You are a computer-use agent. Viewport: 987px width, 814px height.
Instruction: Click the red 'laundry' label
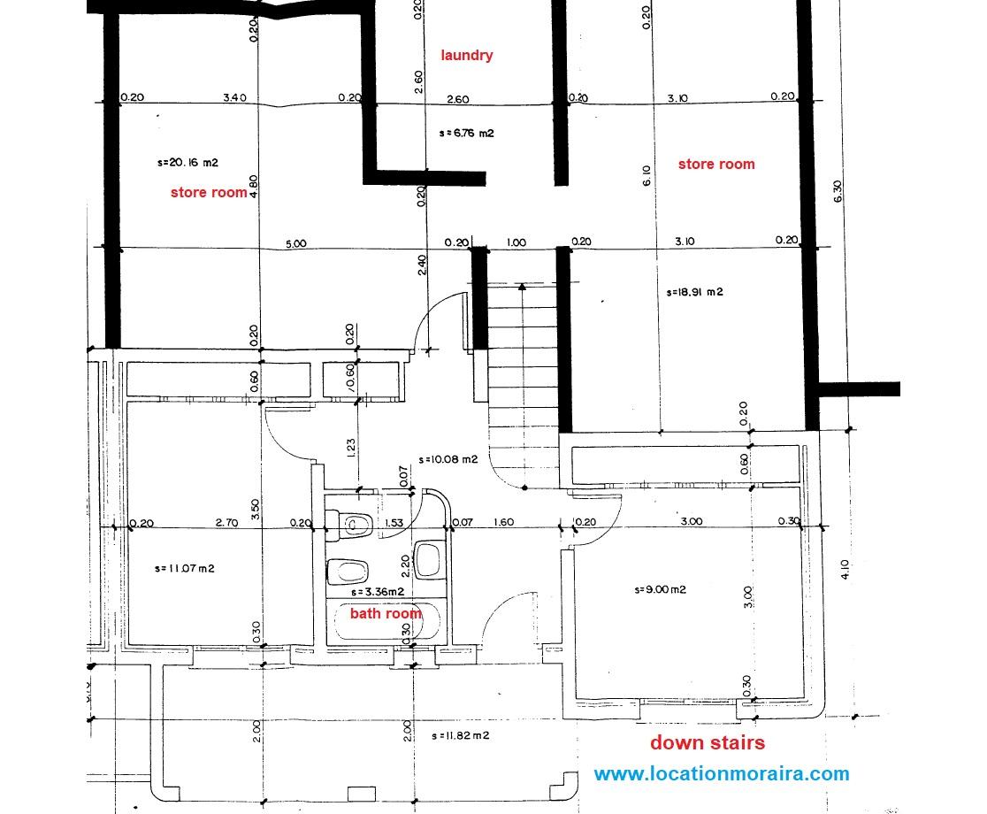[466, 56]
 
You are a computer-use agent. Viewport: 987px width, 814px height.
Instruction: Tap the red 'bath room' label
[386, 613]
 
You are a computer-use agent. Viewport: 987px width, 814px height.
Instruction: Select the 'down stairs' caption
[708, 742]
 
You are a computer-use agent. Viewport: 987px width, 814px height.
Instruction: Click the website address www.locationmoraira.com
[722, 773]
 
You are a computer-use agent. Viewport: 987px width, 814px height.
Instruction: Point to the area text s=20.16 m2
[187, 163]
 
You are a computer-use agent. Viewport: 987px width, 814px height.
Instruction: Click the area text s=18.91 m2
[694, 292]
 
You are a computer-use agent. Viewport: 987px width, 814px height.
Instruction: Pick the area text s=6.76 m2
[466, 133]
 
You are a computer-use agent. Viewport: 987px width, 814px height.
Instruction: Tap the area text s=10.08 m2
[448, 459]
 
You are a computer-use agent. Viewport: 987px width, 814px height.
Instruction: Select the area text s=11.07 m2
[185, 569]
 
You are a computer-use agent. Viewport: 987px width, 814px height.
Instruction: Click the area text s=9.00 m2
[660, 590]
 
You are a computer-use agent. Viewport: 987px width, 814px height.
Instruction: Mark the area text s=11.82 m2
[461, 735]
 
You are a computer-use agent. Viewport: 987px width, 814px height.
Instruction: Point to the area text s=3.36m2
[378, 592]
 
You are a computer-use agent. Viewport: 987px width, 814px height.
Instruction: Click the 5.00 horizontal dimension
[296, 243]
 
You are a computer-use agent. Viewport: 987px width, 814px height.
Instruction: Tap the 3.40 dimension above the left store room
[234, 97]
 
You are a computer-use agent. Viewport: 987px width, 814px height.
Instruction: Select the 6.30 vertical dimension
[838, 191]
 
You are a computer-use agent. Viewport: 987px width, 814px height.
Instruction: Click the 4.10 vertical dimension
[845, 569]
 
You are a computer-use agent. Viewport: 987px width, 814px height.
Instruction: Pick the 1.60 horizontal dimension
[503, 522]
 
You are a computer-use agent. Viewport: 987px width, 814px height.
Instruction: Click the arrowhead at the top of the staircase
[523, 287]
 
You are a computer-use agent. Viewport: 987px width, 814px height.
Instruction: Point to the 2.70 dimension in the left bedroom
[226, 523]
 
